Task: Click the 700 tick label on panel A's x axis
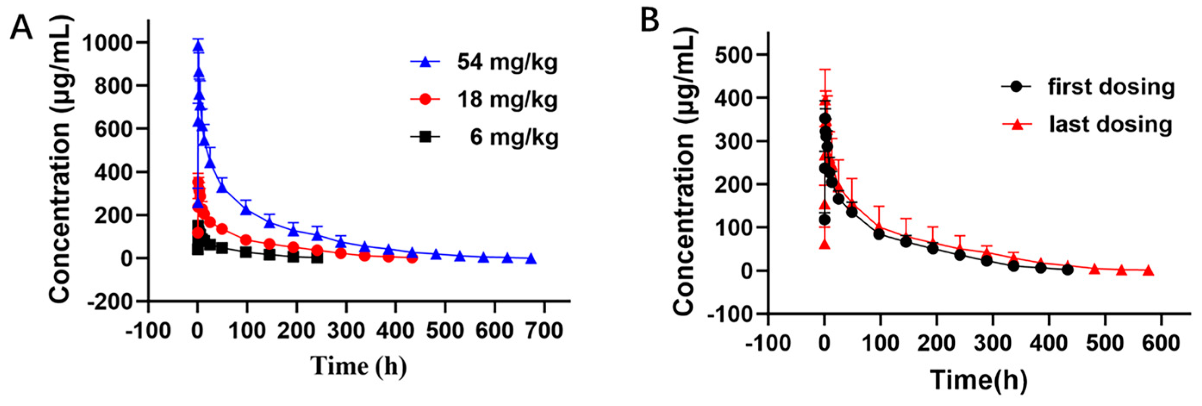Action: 543,331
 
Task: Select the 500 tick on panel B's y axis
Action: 734,55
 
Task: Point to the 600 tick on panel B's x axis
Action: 1161,343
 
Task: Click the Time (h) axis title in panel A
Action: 358,365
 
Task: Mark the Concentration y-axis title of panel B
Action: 685,170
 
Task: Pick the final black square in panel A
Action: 317,258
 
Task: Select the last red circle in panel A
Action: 411,258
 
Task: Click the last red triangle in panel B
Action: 1148,271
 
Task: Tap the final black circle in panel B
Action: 1068,269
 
